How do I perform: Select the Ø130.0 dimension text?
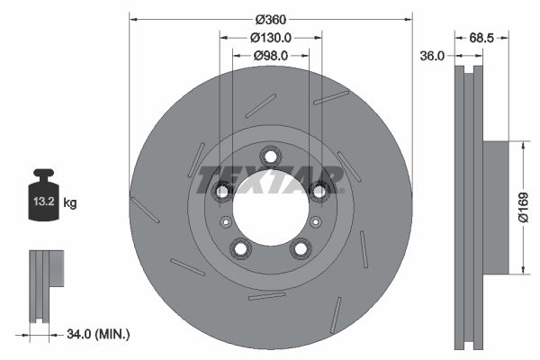coord(270,38)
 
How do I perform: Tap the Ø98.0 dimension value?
coord(270,56)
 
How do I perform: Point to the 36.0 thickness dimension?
coord(433,56)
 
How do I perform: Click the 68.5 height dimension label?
coord(482,38)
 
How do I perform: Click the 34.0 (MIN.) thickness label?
coord(99,335)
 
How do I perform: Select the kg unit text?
coord(70,203)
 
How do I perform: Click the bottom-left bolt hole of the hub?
coord(239,247)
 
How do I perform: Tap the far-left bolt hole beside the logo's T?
coord(221,190)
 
